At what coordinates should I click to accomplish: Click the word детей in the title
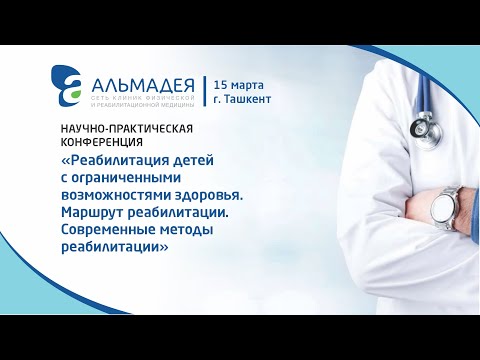tap(215, 161)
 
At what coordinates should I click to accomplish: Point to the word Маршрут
tap(101, 214)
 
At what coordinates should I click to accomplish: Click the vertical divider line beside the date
tap(205, 91)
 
